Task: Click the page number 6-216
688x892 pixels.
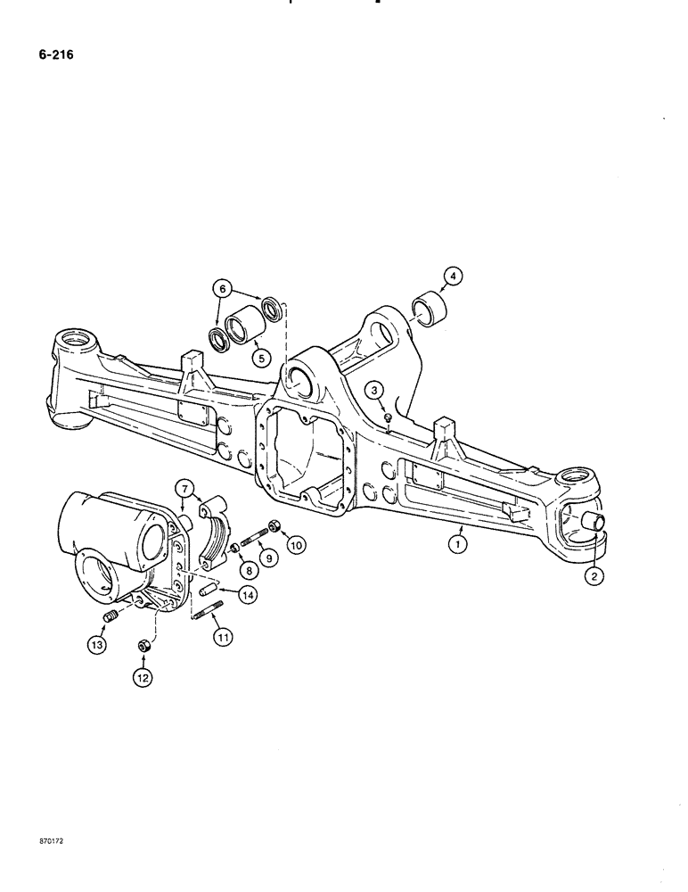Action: click(x=55, y=54)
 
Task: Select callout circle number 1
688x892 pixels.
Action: click(x=458, y=541)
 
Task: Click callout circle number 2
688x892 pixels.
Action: click(x=594, y=576)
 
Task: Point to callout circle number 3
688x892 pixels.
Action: click(x=375, y=391)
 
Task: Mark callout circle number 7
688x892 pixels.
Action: click(x=185, y=488)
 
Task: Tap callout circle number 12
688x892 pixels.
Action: click(x=143, y=678)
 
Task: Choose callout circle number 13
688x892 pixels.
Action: click(x=96, y=645)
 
